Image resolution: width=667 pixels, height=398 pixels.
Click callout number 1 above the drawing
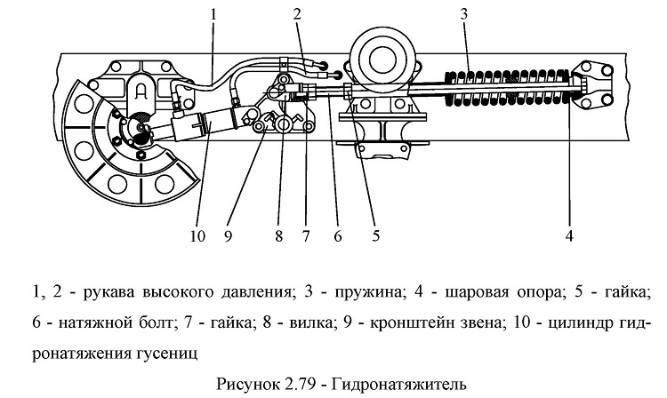(x=213, y=15)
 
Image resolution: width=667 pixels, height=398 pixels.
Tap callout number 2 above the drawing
(x=297, y=14)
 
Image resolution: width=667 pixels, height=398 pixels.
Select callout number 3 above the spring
(x=463, y=14)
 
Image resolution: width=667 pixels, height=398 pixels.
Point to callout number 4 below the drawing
(x=569, y=235)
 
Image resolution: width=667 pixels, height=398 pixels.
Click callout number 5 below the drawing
(x=375, y=235)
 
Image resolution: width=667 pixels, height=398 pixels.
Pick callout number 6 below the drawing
(x=338, y=235)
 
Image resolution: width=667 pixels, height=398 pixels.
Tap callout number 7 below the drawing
(x=306, y=235)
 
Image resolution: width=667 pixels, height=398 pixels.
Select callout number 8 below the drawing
(x=278, y=235)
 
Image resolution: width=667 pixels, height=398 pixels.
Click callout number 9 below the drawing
(x=228, y=235)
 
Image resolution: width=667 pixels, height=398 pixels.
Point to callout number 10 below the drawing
(x=197, y=235)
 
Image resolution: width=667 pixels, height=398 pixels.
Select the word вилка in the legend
(x=309, y=323)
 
